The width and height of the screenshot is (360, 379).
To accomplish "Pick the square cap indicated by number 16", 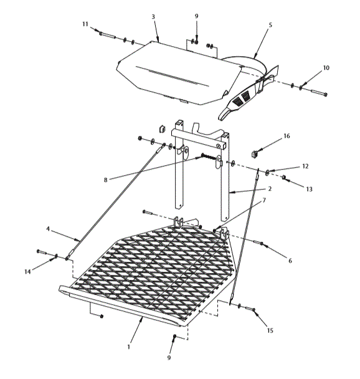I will click(255, 152).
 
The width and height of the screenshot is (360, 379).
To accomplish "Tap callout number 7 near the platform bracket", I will click(264, 200).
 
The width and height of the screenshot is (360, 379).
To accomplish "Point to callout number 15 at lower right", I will click(270, 329).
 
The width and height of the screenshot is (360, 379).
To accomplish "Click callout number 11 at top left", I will click(85, 24).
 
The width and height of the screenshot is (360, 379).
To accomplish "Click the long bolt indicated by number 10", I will click(317, 92).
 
